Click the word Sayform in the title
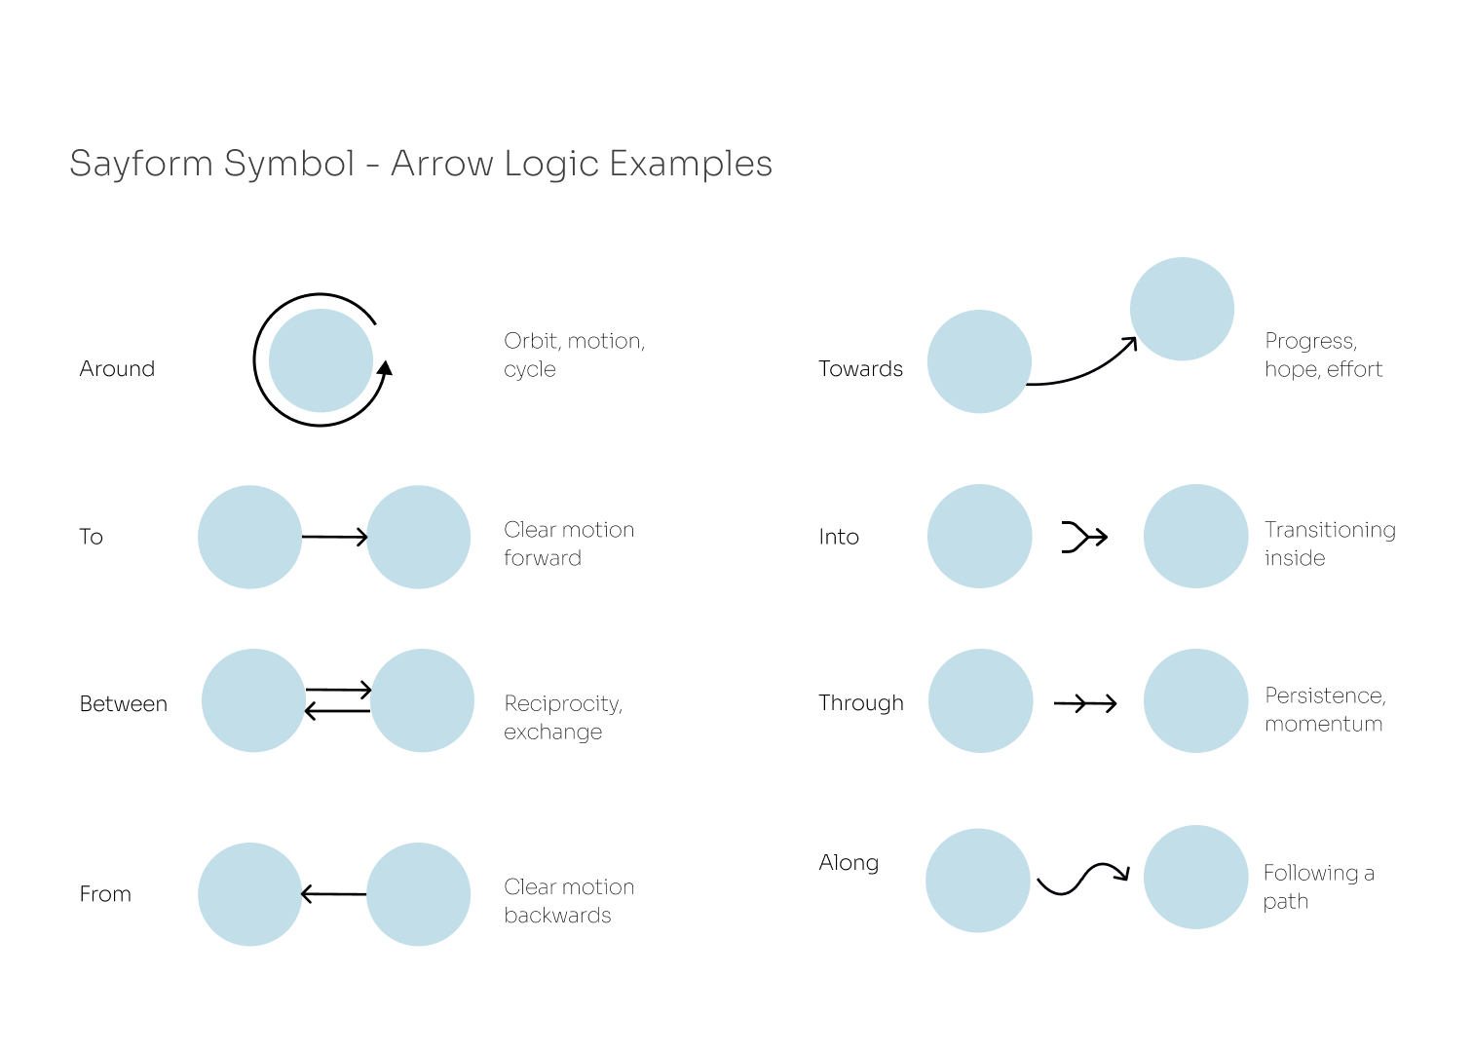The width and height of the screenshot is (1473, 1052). point(140,164)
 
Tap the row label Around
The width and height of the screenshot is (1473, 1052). point(117,368)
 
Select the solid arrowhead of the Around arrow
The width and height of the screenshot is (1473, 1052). point(386,367)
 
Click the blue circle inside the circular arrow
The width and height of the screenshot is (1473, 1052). point(321,359)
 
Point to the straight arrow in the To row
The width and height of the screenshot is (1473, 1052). point(334,537)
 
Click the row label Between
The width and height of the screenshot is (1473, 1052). point(124,703)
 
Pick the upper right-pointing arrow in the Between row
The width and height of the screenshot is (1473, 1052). point(338,690)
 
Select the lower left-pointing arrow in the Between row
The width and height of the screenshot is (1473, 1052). point(338,712)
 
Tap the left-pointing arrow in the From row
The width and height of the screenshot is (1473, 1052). point(334,894)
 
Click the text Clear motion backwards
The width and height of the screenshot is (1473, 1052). point(569,901)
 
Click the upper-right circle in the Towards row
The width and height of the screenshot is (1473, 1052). point(1182,309)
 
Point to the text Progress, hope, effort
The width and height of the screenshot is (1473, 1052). point(1323,355)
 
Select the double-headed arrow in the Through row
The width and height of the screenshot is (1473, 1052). point(1085,702)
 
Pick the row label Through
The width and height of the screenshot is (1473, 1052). point(861,702)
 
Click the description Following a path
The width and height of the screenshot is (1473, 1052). point(1318,886)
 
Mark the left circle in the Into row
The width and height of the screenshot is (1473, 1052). point(979,537)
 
